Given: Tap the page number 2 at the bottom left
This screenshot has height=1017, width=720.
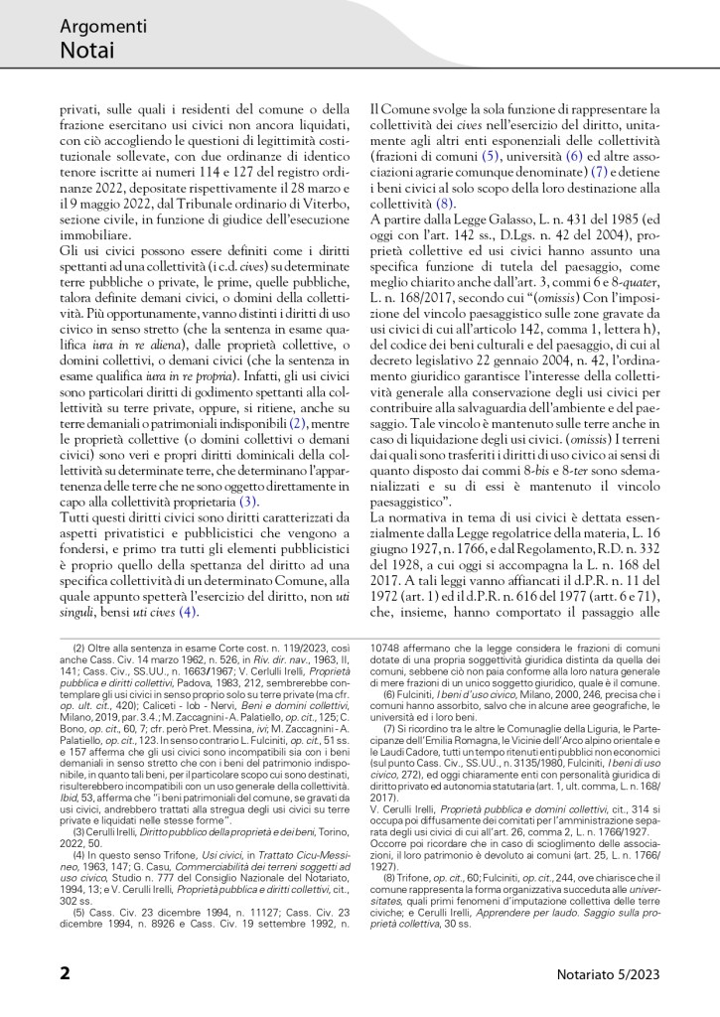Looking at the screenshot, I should coord(65,972).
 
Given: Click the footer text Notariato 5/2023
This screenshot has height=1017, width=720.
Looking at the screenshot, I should coord(610,973).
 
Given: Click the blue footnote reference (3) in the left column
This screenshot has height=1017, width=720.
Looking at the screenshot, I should coord(248,503).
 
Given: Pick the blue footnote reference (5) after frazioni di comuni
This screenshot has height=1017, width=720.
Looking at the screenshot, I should coord(490,158).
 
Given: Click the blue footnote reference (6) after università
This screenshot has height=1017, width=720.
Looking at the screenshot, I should coord(574,158).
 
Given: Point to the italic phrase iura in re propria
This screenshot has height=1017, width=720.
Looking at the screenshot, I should coord(178,375).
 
